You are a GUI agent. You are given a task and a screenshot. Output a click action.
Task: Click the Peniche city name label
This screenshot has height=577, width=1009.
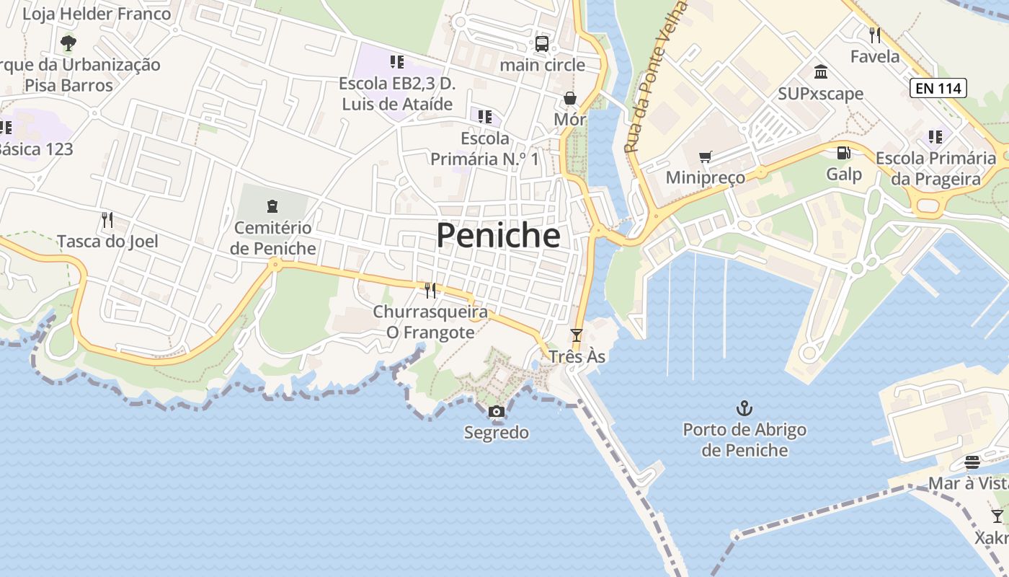coord(498,235)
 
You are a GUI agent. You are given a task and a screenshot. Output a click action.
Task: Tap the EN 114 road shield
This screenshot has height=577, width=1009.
coord(937,88)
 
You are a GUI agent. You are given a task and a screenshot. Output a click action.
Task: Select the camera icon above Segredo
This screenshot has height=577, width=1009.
coord(496,412)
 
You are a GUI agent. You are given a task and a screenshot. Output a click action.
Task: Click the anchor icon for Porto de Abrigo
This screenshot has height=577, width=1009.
coord(744,409)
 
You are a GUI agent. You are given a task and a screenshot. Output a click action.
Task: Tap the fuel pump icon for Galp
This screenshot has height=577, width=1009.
coord(843,153)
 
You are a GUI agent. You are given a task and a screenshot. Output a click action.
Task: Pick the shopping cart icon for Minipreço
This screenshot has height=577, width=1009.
coord(706,157)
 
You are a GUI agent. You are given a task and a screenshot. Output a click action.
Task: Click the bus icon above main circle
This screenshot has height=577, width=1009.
coord(542,43)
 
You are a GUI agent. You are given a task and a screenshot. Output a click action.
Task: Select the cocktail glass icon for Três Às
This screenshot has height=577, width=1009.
coord(576,335)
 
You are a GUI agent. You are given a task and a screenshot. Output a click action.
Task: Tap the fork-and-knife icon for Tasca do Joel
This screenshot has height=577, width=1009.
coord(107,219)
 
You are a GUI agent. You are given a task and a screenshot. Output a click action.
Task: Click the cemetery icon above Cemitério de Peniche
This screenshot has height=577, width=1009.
coord(272,206)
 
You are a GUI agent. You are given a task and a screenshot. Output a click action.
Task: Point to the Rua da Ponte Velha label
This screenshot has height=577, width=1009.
coord(654,76)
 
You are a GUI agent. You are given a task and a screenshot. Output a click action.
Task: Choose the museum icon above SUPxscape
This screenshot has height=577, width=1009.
coord(820,72)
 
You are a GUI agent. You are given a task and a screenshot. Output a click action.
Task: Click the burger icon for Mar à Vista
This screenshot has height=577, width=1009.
coord(972,462)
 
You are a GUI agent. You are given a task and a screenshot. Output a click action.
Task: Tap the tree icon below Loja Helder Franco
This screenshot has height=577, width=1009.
coord(68,43)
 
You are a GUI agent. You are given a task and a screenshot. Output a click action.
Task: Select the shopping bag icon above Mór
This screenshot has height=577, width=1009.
coord(570,98)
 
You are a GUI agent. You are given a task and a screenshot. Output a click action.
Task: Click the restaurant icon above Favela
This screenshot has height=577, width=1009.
coord(875,35)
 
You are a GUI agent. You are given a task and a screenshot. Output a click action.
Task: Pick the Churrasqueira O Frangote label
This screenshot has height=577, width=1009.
coord(430,322)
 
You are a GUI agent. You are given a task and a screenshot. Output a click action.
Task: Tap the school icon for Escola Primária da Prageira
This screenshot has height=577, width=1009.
coord(935,136)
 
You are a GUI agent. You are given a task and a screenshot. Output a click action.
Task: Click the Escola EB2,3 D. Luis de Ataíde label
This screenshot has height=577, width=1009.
coord(397,94)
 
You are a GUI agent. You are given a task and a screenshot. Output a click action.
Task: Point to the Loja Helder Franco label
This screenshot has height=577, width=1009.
coord(97,14)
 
